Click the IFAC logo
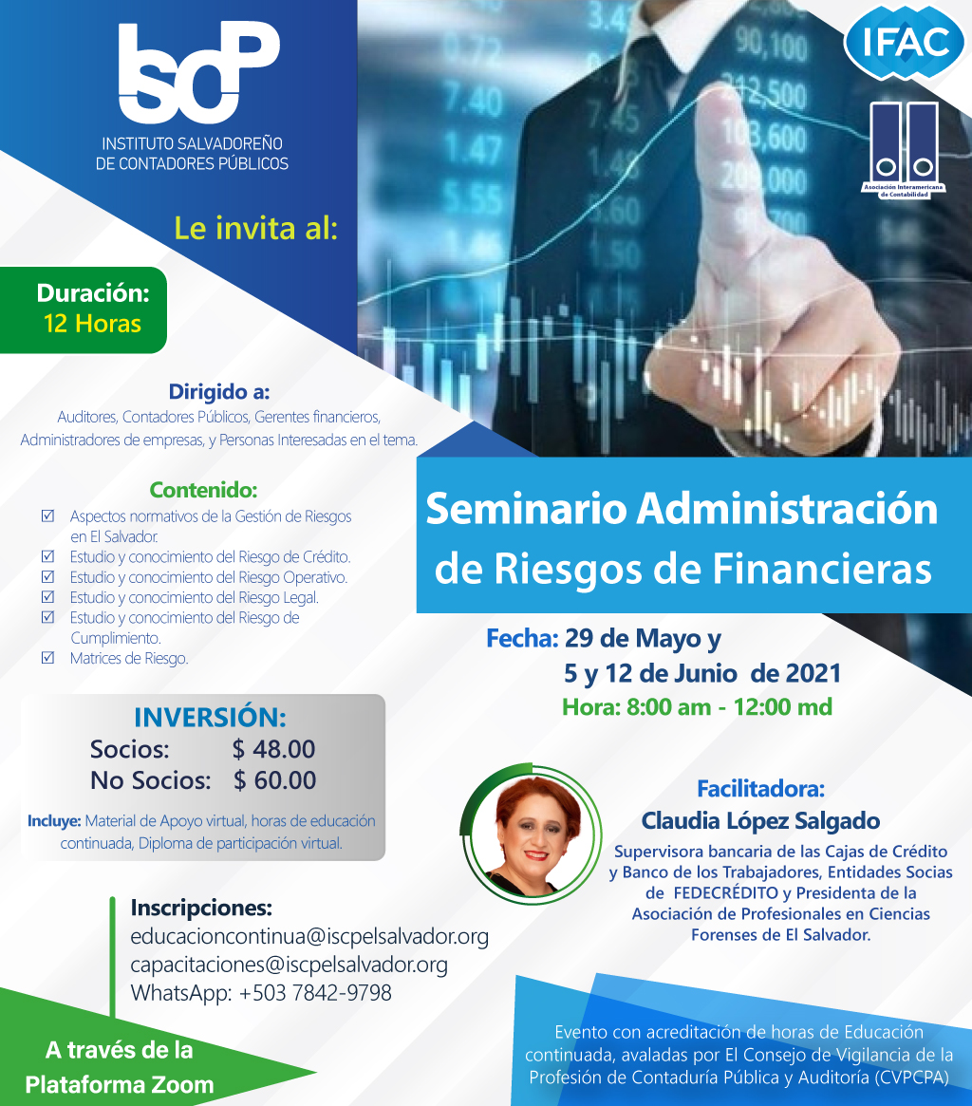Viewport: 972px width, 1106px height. click(905, 43)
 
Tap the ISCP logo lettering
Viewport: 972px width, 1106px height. click(199, 72)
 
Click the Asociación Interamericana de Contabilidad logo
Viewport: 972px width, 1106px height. click(904, 150)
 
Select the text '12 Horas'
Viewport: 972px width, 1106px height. click(92, 324)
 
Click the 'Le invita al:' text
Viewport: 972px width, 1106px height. click(256, 229)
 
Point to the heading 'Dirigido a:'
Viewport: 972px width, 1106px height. click(218, 391)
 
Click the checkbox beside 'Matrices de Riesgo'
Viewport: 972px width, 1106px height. click(48, 657)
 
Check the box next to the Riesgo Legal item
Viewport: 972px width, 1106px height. click(48, 597)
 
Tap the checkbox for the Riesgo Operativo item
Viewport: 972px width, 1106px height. click(48, 576)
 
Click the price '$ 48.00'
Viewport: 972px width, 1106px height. click(273, 749)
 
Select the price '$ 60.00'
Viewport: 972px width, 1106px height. click(275, 780)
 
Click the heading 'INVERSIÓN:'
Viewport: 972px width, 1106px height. click(210, 718)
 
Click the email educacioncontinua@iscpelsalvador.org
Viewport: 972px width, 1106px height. click(309, 936)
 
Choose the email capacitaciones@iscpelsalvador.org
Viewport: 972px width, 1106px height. click(290, 965)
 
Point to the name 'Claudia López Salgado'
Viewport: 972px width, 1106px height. click(760, 821)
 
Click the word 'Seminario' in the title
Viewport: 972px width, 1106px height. click(526, 509)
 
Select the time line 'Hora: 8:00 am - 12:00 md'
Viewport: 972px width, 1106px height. click(697, 706)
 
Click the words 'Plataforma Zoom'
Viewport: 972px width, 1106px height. click(120, 1084)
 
